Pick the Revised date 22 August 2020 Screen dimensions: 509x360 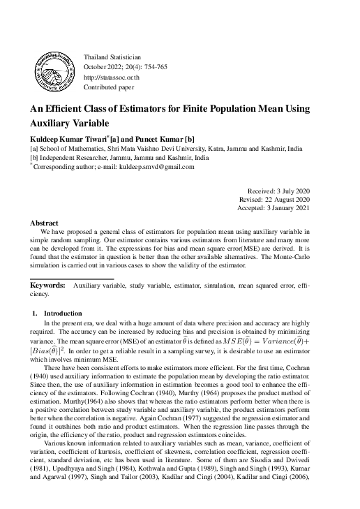tap(295, 200)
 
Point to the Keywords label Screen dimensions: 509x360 tap(47, 286)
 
